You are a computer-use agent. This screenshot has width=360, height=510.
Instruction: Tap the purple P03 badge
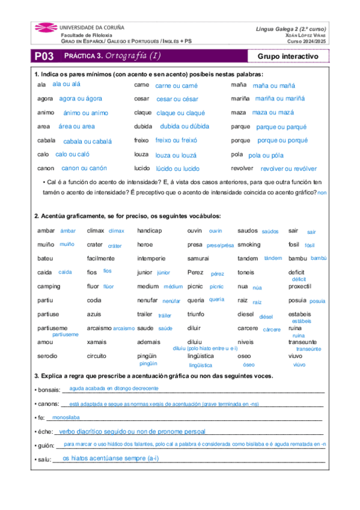click(44, 57)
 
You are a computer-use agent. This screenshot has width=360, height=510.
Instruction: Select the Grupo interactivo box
click(288, 57)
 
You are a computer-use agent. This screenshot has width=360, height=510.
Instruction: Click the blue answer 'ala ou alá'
click(66, 84)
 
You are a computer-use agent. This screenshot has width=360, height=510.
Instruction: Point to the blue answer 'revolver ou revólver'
click(288, 169)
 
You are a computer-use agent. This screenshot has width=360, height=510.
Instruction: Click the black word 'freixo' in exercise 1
click(142, 140)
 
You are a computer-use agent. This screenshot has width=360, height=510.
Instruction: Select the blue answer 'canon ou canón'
click(84, 168)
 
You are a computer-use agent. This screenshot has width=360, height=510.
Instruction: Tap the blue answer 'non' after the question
click(322, 192)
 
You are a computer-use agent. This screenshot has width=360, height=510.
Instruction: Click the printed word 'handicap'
click(150, 230)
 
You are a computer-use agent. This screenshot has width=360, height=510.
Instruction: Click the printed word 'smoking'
click(249, 245)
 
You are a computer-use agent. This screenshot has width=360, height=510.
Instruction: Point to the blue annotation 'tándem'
click(273, 258)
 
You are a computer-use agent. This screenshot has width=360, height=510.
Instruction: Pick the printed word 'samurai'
click(198, 259)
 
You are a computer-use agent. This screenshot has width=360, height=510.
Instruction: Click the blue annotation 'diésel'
click(266, 316)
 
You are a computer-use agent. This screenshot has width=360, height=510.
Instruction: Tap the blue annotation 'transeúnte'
click(308, 349)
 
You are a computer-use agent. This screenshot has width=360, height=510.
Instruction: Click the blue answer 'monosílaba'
click(66, 417)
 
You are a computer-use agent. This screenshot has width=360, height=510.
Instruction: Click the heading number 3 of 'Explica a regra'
click(36, 376)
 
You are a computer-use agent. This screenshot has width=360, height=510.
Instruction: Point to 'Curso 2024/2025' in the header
click(307, 41)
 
